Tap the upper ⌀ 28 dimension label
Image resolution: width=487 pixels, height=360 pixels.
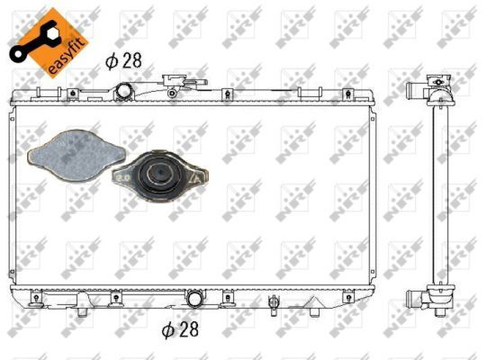(x=123, y=60)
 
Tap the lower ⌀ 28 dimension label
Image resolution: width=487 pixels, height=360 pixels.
(x=180, y=329)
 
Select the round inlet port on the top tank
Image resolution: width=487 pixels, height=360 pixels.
(x=124, y=90)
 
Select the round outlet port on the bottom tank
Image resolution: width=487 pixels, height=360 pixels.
(x=195, y=299)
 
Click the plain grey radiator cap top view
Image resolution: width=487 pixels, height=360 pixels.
(x=77, y=156)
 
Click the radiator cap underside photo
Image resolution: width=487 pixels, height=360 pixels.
(x=159, y=176)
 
